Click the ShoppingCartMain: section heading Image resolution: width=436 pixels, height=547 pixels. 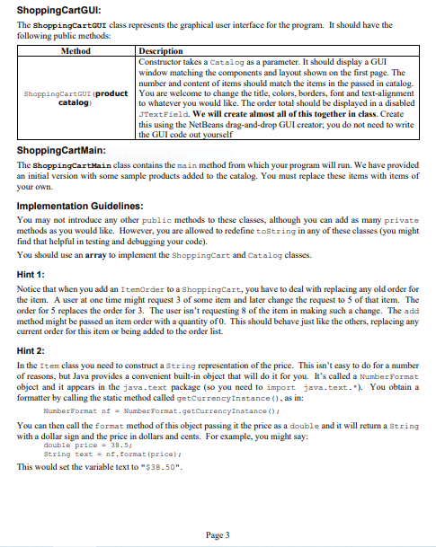[x=60, y=150]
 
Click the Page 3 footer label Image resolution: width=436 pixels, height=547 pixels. [x=218, y=534]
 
